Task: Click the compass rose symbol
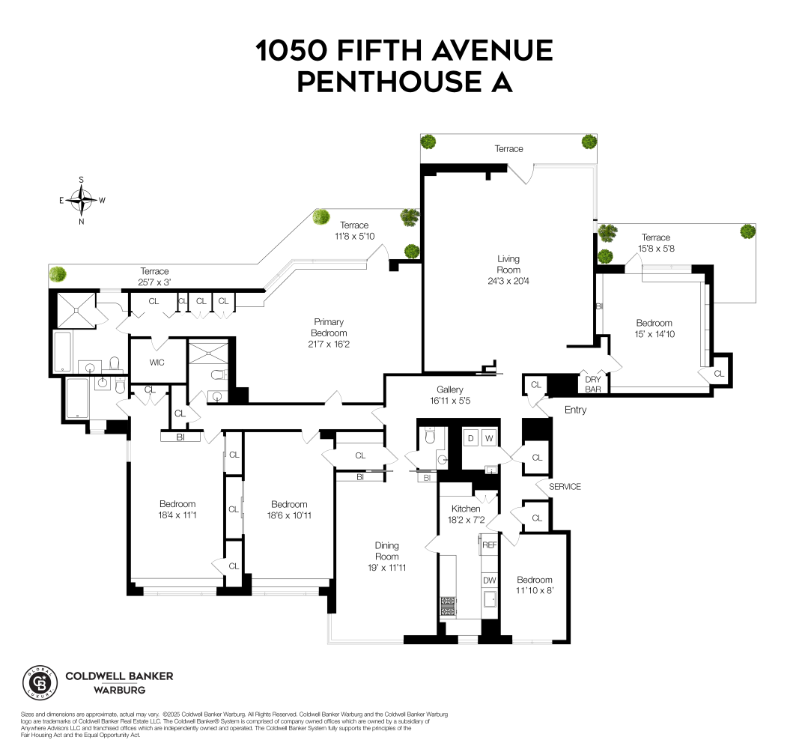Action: [x=81, y=200]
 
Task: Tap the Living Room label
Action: [x=508, y=264]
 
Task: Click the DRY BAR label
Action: [x=593, y=384]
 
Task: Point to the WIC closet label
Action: [x=157, y=363]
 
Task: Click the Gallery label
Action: [x=450, y=389]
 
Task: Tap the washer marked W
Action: [x=489, y=437]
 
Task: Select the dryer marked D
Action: [x=471, y=437]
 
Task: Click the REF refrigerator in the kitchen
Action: [x=490, y=545]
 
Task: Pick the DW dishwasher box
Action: [x=490, y=580]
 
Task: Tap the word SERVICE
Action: [x=565, y=487]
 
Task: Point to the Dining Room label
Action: [x=387, y=551]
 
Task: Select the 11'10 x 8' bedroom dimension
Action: [x=535, y=590]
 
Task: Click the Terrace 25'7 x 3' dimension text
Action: [x=154, y=282]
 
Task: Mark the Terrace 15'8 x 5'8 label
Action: [x=656, y=248]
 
